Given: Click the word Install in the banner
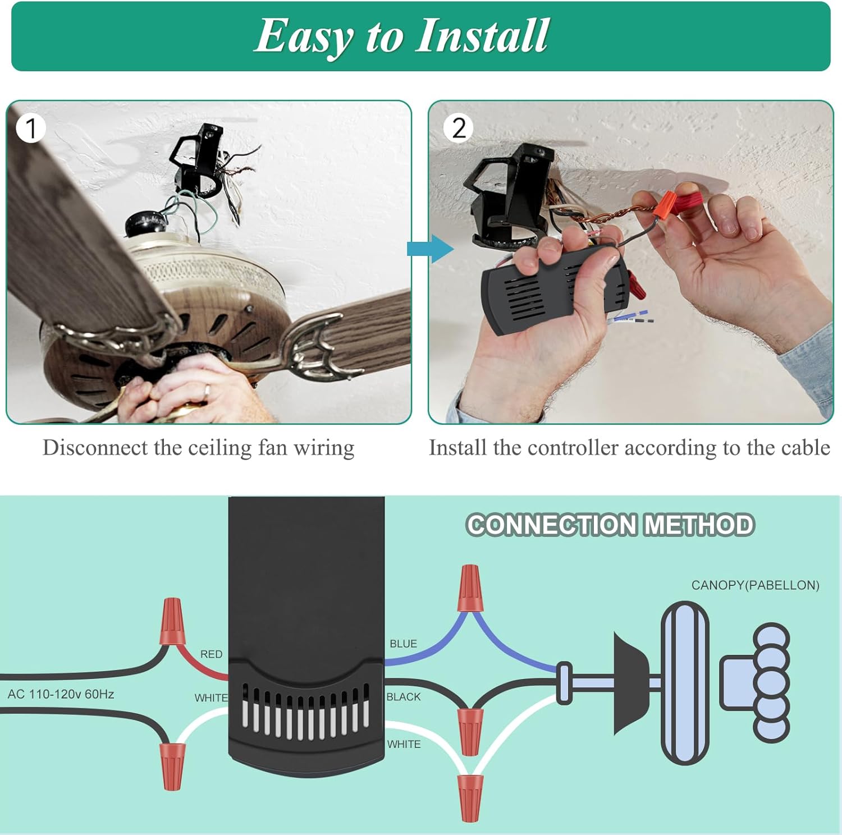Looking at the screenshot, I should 482,35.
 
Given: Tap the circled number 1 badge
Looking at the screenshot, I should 31,129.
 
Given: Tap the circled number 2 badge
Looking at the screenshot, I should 458,129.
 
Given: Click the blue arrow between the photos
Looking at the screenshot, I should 429,249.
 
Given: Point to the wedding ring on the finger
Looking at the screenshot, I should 207,391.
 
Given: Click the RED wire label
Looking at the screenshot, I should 211,654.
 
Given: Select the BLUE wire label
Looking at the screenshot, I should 403,644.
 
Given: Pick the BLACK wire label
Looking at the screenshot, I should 403,696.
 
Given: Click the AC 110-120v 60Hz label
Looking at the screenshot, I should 61,694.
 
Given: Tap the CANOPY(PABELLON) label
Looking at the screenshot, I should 755,585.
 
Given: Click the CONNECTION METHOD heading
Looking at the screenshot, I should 610,525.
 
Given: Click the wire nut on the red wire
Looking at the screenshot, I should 172,621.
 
